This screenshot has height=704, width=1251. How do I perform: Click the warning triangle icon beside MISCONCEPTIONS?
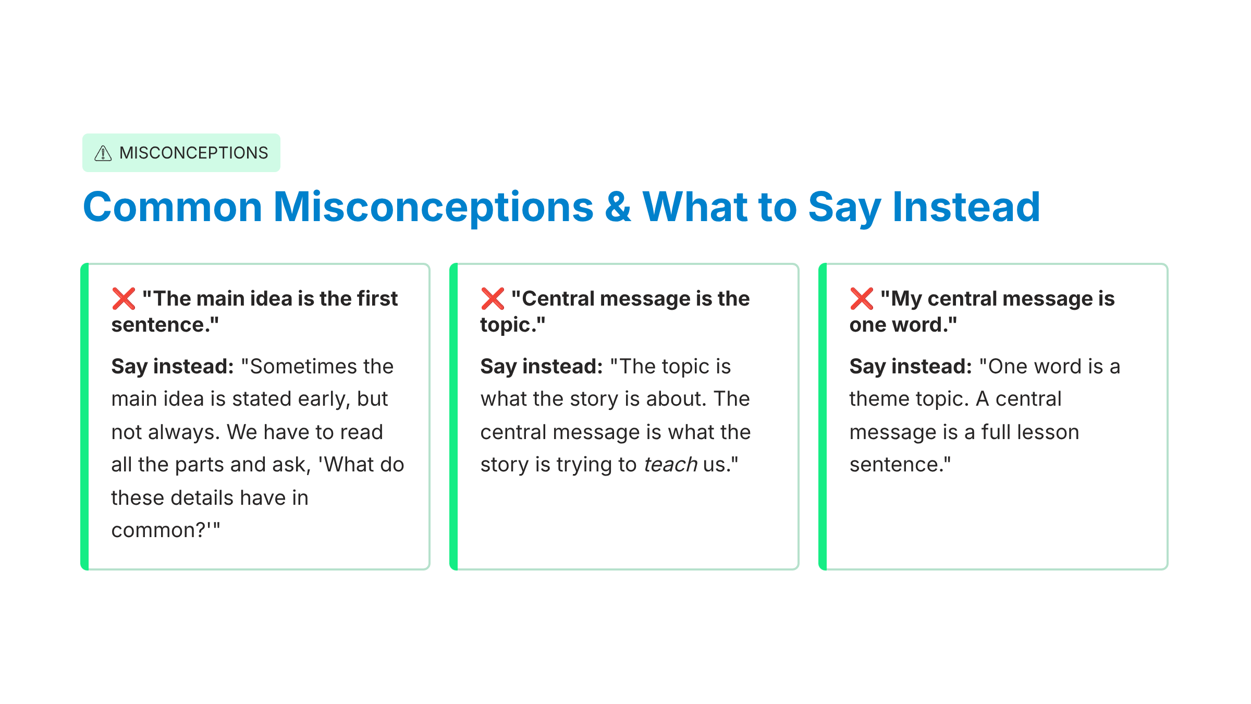click(x=103, y=153)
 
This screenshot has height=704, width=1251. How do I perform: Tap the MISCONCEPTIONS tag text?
click(x=193, y=153)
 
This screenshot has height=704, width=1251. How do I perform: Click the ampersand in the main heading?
click(x=618, y=207)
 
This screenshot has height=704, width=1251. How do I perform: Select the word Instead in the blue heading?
click(x=966, y=207)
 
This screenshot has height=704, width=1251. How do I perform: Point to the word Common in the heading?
click(x=173, y=207)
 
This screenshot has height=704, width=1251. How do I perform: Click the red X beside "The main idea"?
click(x=124, y=299)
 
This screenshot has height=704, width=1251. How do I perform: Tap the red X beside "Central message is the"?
click(x=493, y=299)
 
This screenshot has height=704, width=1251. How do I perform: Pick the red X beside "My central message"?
click(x=862, y=299)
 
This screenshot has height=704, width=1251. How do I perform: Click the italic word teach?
click(x=670, y=464)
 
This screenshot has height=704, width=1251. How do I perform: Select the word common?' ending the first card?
click(x=166, y=530)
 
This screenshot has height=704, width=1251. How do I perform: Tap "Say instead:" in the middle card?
click(x=542, y=367)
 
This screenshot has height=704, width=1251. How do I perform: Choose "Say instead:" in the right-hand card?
click(x=911, y=367)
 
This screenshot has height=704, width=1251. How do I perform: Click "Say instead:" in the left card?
click(x=173, y=367)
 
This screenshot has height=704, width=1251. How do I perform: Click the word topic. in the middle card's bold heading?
click(x=513, y=325)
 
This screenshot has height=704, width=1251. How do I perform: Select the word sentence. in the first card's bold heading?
click(x=165, y=325)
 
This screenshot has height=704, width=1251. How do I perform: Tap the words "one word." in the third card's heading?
click(x=903, y=325)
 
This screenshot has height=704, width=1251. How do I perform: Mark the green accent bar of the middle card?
click(x=453, y=417)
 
